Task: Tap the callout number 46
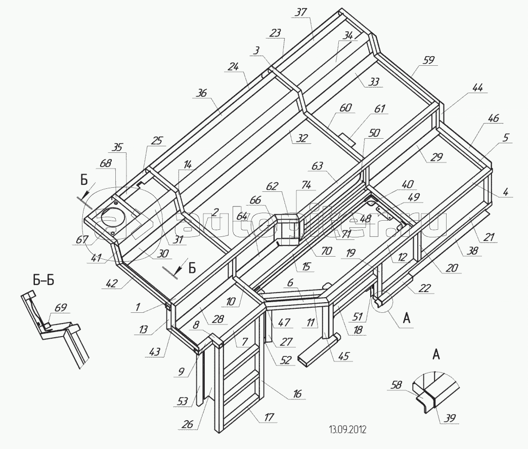[493, 118]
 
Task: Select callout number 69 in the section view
[60, 307]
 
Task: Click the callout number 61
[380, 108]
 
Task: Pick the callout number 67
[80, 241]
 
